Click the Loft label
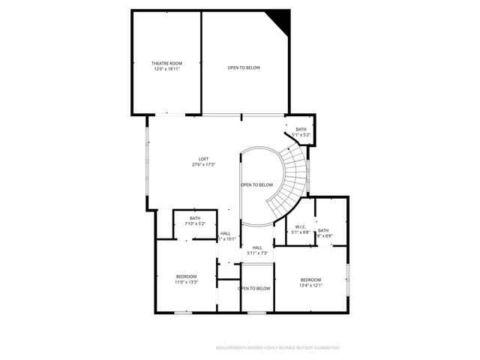coord(202,159)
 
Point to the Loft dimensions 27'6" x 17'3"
coord(202,164)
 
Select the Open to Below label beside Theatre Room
coord(244,67)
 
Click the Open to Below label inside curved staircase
coord(256,184)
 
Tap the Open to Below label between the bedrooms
coord(254,288)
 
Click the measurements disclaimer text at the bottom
coord(277,348)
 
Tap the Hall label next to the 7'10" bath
coord(226,233)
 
